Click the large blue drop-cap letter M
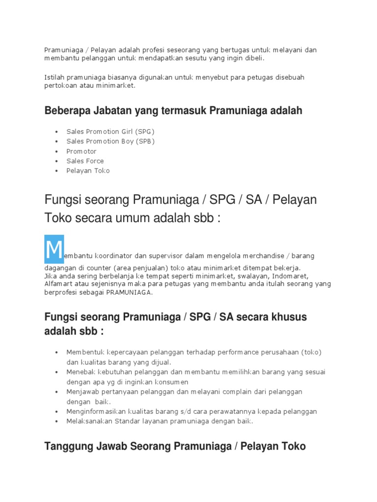coord(54,249)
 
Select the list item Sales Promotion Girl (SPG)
coord(110,132)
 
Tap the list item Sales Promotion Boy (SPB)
coord(110,142)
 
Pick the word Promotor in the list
coord(81,151)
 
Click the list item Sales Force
coord(85,161)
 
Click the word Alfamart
coord(59,284)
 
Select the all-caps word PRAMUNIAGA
coord(129,292)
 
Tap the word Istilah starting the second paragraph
coord(55,77)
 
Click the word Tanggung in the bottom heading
coord(65,447)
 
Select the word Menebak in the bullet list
coord(83,373)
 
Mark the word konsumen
coord(173,382)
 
